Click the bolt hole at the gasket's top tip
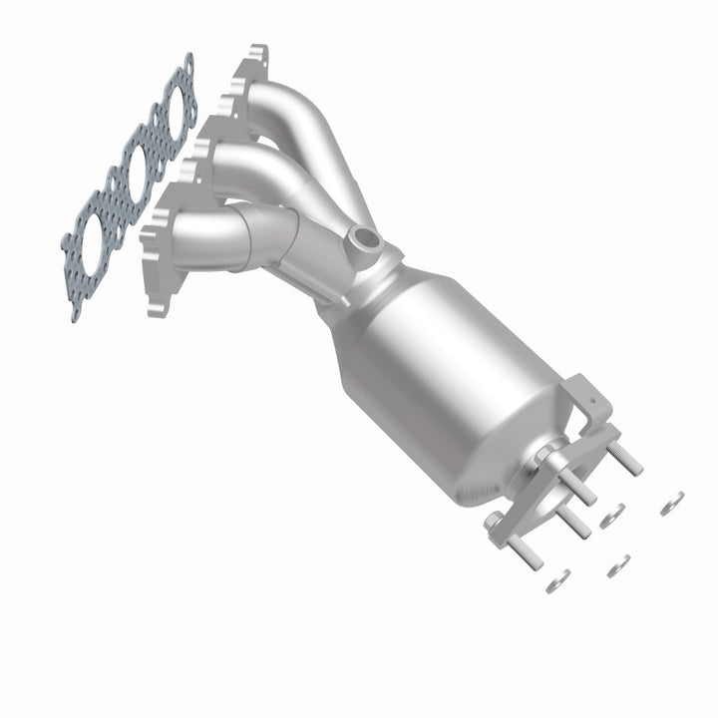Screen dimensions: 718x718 [187, 61]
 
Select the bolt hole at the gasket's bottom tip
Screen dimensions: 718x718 [76, 311]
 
